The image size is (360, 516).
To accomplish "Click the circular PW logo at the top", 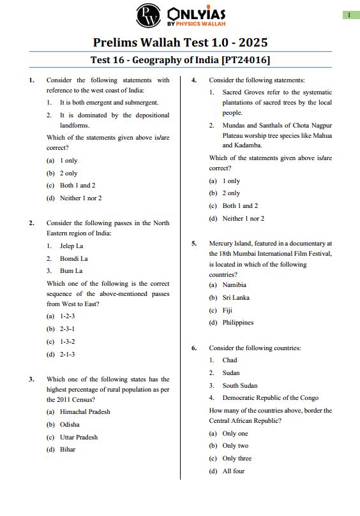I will pyautogui.click(x=149, y=15).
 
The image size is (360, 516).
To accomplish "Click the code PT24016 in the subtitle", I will pyautogui.click(x=246, y=60).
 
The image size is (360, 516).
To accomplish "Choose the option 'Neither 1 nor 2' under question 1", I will pyautogui.click(x=80, y=198).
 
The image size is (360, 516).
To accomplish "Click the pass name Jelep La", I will pyautogui.click(x=71, y=246).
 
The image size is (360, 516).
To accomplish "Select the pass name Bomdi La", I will pyautogui.click(x=73, y=258).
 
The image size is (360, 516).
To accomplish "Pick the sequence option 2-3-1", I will pyautogui.click(x=67, y=329).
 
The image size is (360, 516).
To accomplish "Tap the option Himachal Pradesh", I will pyautogui.click(x=85, y=412).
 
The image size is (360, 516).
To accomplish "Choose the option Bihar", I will pyautogui.click(x=68, y=449).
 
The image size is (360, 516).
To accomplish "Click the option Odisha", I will pyautogui.click(x=70, y=424).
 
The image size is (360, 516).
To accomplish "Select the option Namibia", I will pyautogui.click(x=234, y=285).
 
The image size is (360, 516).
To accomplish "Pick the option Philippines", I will pyautogui.click(x=237, y=323).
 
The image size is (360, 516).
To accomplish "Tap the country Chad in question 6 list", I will pyautogui.click(x=230, y=360).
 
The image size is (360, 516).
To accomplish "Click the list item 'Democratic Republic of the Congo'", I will pyautogui.click(x=271, y=398).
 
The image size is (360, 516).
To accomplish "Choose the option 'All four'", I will pyautogui.click(x=233, y=471).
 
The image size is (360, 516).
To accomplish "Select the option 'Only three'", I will pyautogui.click(x=237, y=459).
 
